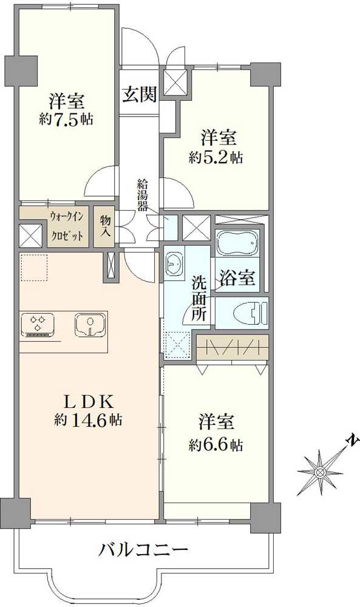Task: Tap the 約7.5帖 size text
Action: click(66, 119)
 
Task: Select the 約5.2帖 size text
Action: click(216, 157)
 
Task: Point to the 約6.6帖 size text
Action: click(216, 445)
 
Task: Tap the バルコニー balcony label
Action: click(143, 550)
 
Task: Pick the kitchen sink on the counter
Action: click(90, 325)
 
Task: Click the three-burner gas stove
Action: click(38, 324)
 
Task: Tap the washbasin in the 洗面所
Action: click(175, 263)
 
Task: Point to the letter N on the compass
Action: click(353, 440)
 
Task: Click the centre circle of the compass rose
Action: click(321, 472)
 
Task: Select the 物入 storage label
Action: click(104, 226)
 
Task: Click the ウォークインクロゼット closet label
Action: click(66, 226)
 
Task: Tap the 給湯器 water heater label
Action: click(143, 195)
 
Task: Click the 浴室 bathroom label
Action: click(237, 277)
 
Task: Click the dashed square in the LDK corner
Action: click(34, 267)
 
